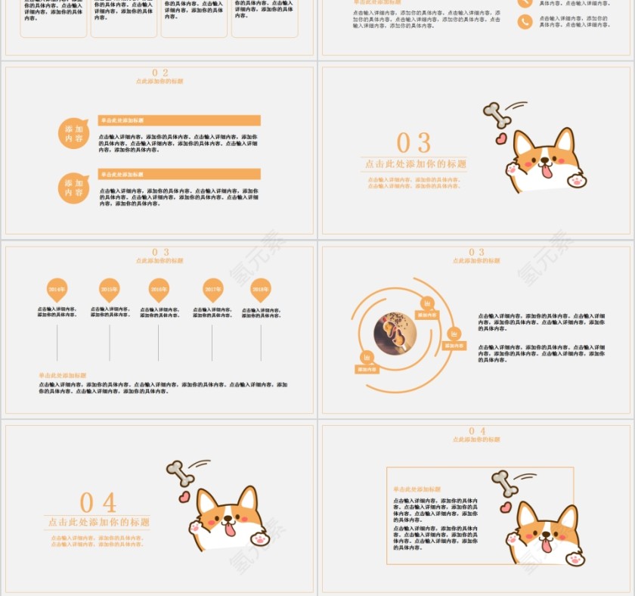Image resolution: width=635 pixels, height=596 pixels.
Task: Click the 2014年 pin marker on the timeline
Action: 57,289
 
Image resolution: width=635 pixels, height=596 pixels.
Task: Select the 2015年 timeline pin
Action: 110,289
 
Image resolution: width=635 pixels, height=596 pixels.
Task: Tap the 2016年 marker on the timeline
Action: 159,289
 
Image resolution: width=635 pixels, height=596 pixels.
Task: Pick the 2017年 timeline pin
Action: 212,289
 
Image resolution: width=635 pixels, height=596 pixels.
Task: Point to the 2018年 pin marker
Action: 261,289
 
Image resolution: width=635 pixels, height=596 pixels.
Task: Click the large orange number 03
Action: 414,143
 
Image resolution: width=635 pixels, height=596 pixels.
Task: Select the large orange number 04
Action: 98,503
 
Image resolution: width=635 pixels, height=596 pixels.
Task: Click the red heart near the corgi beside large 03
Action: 500,139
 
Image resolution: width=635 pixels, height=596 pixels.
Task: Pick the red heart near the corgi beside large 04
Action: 184,497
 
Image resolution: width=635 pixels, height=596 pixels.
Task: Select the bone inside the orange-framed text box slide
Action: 504,483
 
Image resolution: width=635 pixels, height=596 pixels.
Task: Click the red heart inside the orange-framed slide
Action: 506,508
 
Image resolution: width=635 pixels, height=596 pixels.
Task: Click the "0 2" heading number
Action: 160,73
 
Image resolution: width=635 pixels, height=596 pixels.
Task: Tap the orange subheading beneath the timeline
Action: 63,375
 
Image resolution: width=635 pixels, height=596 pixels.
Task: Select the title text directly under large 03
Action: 415,164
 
